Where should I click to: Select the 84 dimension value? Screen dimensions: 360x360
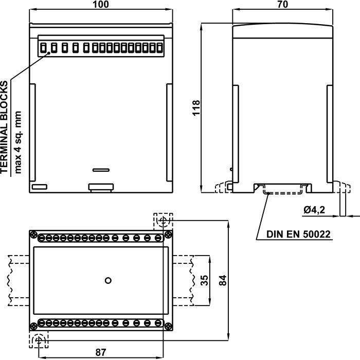click(x=222, y=281)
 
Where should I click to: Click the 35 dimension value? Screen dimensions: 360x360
click(x=204, y=281)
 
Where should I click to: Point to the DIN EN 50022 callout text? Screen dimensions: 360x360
click(x=298, y=235)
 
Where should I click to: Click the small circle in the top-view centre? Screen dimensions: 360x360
click(x=107, y=280)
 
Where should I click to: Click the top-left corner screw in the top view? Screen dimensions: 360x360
click(x=33, y=236)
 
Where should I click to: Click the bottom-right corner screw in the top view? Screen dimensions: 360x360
click(x=168, y=325)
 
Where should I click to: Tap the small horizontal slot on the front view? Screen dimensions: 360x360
click(x=101, y=169)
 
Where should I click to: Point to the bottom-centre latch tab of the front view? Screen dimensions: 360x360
click(x=101, y=187)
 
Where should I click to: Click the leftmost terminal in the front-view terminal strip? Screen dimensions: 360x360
click(x=45, y=48)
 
